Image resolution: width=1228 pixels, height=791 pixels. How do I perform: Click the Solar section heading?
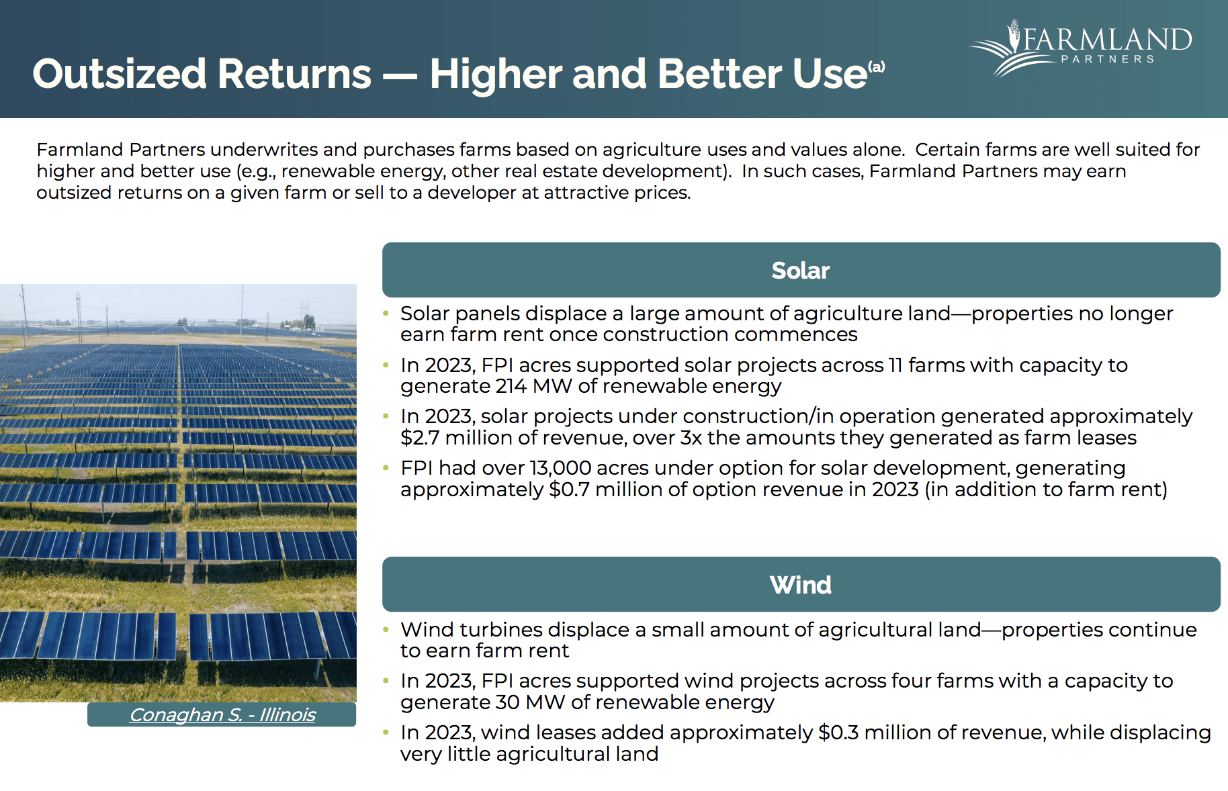click(x=800, y=271)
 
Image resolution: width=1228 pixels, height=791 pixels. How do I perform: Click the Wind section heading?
click(x=800, y=585)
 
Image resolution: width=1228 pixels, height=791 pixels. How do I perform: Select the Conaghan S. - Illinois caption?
click(x=222, y=715)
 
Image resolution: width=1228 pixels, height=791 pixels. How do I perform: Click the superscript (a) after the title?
click(x=877, y=66)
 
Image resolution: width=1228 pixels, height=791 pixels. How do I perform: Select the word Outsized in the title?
click(x=118, y=74)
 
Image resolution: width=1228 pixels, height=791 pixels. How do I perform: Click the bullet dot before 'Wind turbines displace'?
click(x=386, y=630)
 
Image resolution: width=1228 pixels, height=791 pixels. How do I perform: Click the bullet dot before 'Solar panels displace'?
click(x=386, y=314)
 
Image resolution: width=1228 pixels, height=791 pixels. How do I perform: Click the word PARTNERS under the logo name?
click(x=1107, y=59)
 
